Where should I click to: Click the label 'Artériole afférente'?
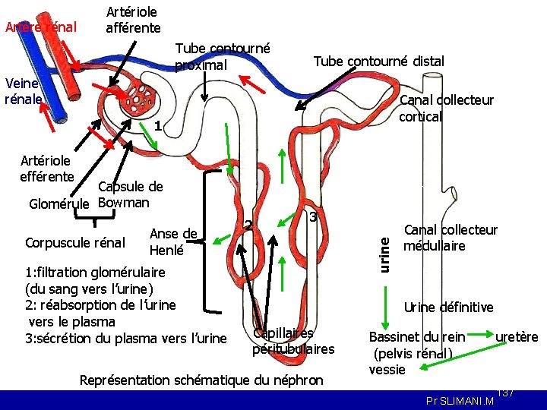(133, 20)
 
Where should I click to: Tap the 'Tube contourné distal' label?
(378, 61)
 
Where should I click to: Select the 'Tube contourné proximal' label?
(222, 56)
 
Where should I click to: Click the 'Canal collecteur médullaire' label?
(450, 238)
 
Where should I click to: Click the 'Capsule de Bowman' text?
(130, 195)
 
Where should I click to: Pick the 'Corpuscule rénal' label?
(75, 243)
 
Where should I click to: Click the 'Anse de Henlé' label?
(173, 241)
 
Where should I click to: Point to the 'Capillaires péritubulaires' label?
(293, 341)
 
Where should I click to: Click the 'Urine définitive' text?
(448, 307)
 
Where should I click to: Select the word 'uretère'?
(517, 336)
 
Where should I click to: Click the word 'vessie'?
(387, 370)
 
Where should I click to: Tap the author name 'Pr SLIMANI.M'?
(459, 400)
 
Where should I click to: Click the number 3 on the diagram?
(312, 218)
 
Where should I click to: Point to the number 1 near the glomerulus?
(156, 125)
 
